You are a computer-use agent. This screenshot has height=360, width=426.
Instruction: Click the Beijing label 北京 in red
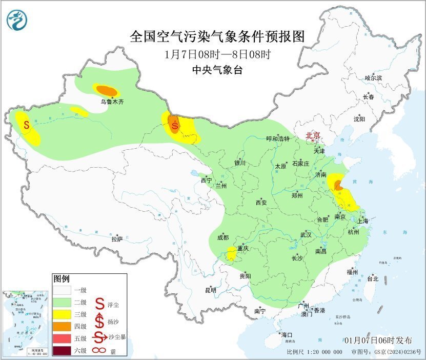313,135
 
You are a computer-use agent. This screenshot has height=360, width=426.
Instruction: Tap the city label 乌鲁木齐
112,102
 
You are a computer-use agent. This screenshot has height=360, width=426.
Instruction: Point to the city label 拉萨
117,238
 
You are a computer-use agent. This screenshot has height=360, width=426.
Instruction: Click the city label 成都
222,237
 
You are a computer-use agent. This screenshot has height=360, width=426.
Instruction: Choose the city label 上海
363,221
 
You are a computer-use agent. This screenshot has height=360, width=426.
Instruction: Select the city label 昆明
210,290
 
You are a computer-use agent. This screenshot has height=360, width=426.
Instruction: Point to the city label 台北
372,279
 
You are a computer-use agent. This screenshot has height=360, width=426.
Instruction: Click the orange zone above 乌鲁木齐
107,90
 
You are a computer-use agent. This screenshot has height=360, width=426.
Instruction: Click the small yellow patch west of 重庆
232,253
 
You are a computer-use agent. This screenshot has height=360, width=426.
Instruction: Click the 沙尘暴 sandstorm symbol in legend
99,337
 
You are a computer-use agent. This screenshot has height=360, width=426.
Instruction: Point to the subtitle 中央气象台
217,70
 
